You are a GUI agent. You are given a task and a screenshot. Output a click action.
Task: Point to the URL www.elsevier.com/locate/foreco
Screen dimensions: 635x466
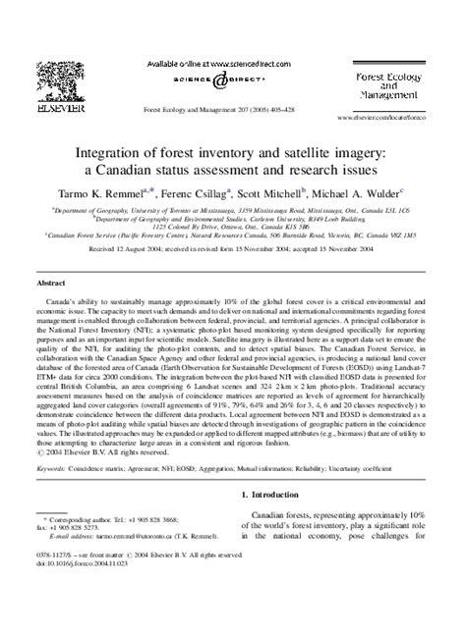400,116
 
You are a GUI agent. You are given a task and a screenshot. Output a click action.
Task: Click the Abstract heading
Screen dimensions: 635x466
52,281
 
